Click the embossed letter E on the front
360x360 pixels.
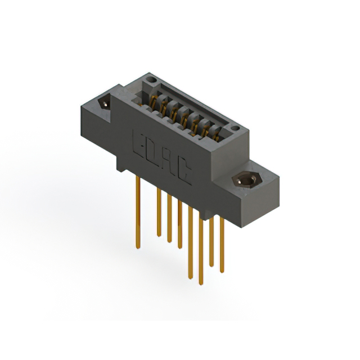tap(139, 142)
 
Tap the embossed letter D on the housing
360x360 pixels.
tap(153, 152)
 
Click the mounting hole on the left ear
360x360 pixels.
tap(104, 103)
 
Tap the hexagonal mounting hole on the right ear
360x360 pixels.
tap(246, 180)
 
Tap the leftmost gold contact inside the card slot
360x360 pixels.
tap(152, 101)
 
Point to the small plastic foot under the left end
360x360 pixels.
tap(120, 166)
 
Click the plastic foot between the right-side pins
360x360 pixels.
tap(206, 215)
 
